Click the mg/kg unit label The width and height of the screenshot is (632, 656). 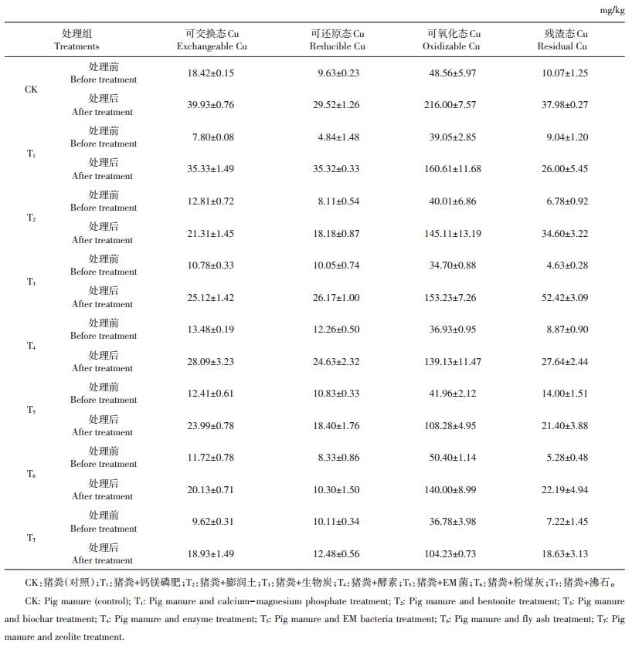pos(612,10)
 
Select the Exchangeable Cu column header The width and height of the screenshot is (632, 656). pos(212,40)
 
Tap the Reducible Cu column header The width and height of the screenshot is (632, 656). pos(338,40)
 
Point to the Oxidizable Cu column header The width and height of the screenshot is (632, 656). pos(451,40)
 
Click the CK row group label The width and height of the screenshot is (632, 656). pos(31,90)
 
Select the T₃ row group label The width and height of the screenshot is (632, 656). pos(31,282)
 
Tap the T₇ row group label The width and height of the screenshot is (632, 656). pos(31,538)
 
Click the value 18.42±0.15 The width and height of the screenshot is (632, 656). pos(211,73)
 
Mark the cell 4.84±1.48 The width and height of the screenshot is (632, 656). pos(338,137)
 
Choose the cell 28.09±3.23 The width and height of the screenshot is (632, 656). pos(211,361)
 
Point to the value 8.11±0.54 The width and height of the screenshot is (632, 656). pos(338,201)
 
